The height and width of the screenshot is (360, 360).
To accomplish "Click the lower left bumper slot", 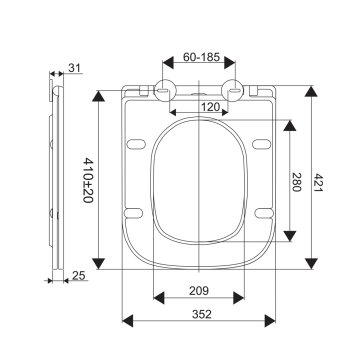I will pyautogui.click(x=136, y=210).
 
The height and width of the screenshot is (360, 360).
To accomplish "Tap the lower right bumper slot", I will pyautogui.click(x=266, y=210).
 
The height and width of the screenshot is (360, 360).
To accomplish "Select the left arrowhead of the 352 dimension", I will pyautogui.click(x=126, y=322).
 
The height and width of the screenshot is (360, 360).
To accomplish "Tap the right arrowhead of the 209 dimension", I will pyautogui.click(x=244, y=297).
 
